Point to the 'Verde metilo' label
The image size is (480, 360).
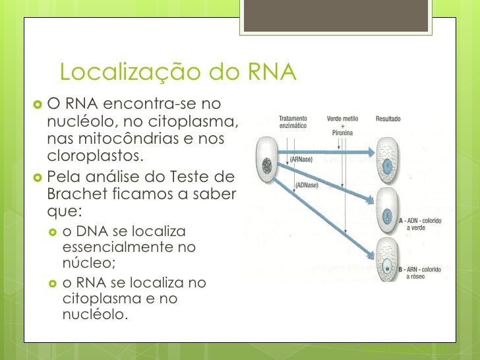[342, 119]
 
